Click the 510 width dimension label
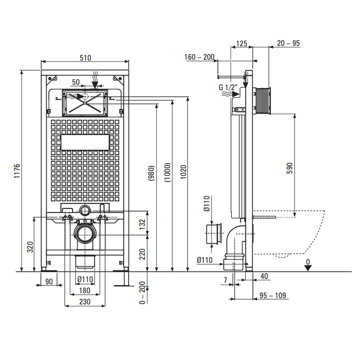coord(85,58)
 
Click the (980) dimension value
coord(152,173)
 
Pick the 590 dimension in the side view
coord(290,168)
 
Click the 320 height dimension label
coord(30,247)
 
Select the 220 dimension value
coord(143,254)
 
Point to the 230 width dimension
coord(85,302)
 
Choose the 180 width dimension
coord(85,290)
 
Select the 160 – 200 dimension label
coord(199,57)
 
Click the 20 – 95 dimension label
coord(288,43)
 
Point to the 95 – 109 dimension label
coord(273,295)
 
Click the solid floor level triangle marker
coord(307,267)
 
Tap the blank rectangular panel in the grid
coord(85,143)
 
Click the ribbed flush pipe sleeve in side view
coord(262,101)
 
